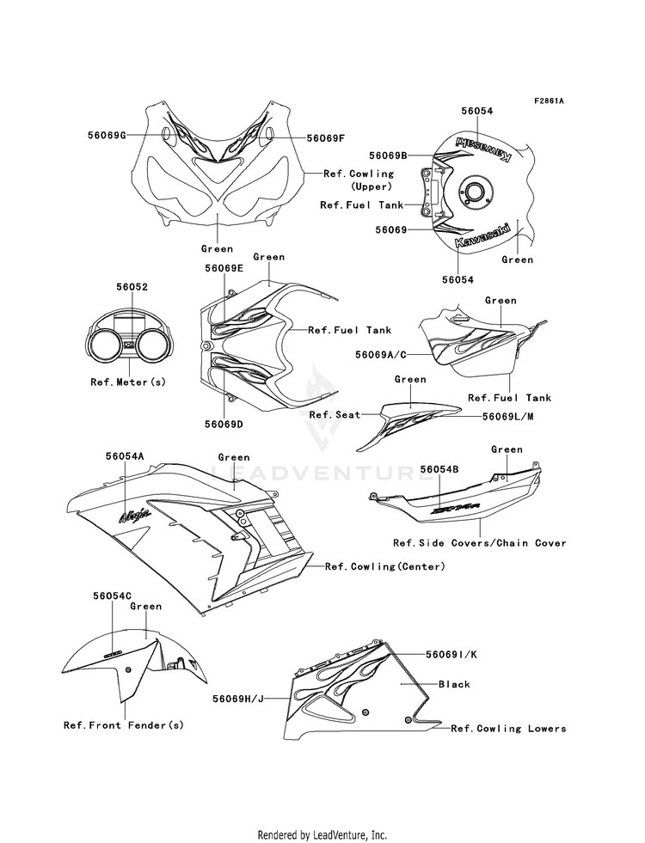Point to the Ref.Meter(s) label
(128, 382)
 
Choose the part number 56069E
(224, 268)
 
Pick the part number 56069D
(224, 425)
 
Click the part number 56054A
(126, 458)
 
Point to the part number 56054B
(439, 469)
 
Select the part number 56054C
(113, 595)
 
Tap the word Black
(454, 685)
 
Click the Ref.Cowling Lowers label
(509, 729)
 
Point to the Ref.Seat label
(327, 415)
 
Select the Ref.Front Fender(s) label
(125, 725)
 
